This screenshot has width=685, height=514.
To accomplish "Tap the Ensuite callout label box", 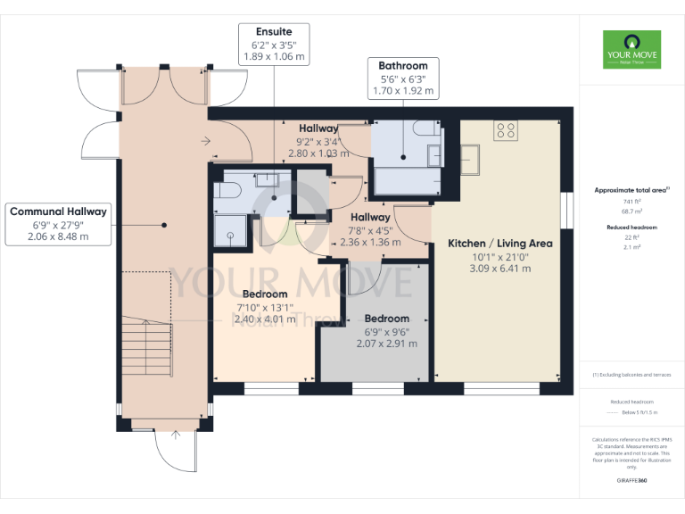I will pyautogui.click(x=274, y=44).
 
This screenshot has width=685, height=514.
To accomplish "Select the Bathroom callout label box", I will pyautogui.click(x=402, y=78).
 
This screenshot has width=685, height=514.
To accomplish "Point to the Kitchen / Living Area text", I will pyautogui.click(x=499, y=244).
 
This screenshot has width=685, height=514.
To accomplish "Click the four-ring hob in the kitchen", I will pyautogui.click(x=505, y=130).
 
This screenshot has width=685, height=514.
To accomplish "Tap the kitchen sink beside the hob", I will pyautogui.click(x=469, y=161).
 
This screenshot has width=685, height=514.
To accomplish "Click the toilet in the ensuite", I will pyautogui.click(x=227, y=189).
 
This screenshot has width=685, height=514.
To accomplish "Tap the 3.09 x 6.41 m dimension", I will pyautogui.click(x=499, y=269).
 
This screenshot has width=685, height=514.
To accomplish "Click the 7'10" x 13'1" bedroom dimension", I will pyautogui.click(x=264, y=308).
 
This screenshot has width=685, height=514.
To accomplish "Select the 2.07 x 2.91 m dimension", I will pyautogui.click(x=386, y=344).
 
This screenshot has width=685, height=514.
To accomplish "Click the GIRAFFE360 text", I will pyautogui.click(x=631, y=481).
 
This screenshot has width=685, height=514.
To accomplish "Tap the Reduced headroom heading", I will pyautogui.click(x=631, y=228).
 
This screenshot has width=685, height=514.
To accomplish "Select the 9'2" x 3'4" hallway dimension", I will pyautogui.click(x=317, y=141).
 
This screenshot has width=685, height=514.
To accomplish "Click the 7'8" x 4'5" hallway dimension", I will pyautogui.click(x=369, y=230).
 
